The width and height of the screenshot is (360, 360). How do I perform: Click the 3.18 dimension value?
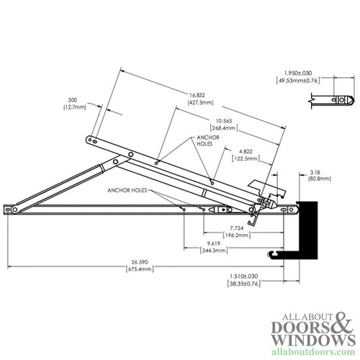(x=315, y=171)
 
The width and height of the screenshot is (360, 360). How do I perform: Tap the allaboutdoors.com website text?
(x=314, y=351)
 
